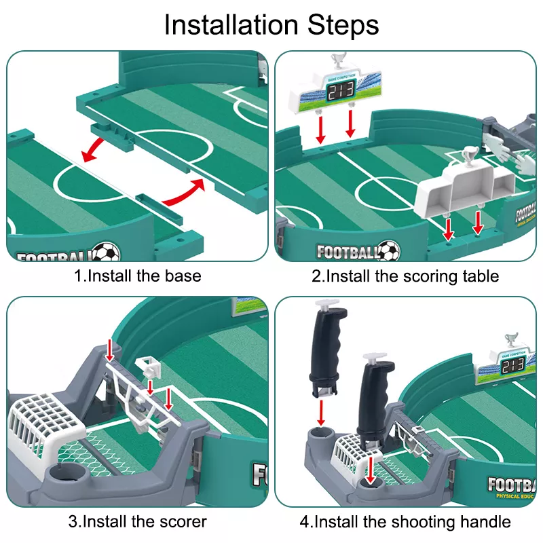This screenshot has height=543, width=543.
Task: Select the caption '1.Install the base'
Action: [138, 276]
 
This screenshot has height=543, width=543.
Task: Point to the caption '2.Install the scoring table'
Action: [405, 276]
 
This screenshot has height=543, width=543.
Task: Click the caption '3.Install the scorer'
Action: [138, 522]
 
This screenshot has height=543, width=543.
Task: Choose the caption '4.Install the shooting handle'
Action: [405, 522]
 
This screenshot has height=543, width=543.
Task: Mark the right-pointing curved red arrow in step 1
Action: [183, 193]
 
